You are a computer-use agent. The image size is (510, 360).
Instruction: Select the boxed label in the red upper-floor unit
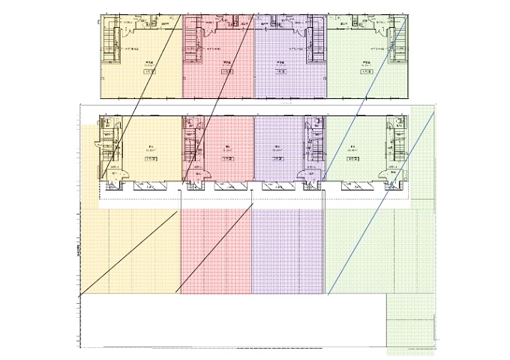[226, 72]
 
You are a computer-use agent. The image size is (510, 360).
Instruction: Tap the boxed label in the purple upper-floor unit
[280, 72]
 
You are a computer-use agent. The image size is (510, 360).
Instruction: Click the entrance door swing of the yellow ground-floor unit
[112, 174]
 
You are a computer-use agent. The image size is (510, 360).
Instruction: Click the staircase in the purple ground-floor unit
[310, 142]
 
